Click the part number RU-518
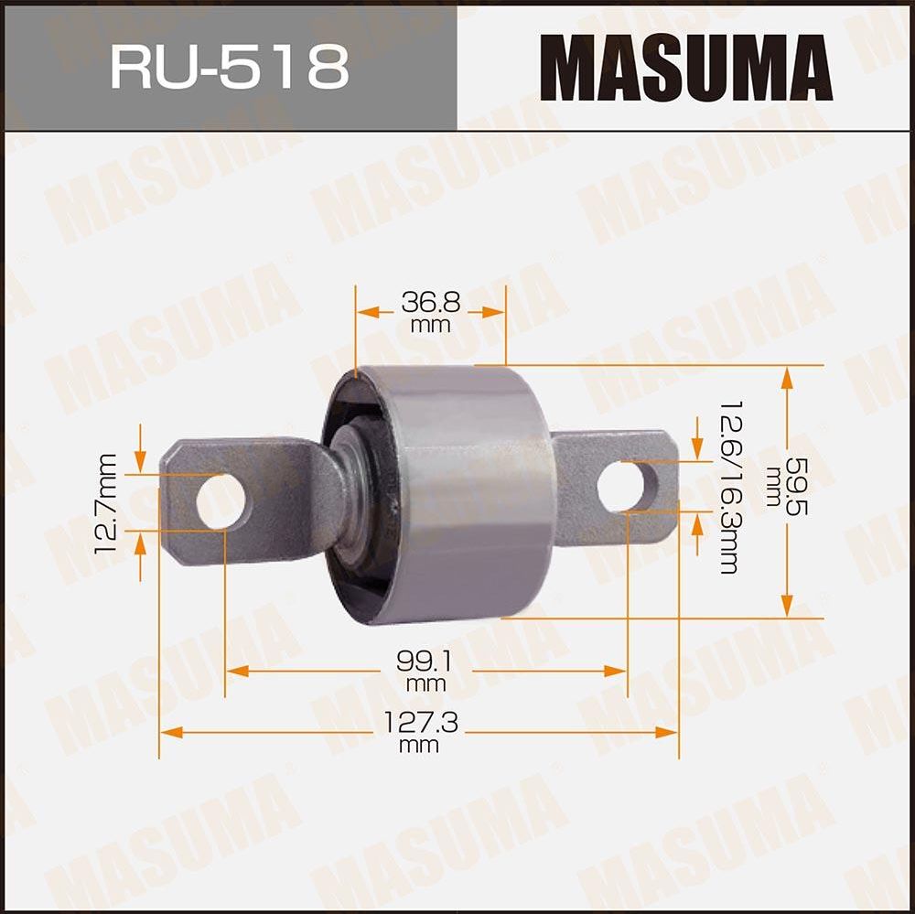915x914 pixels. pyautogui.click(x=229, y=66)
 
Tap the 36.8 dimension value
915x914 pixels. pyautogui.click(x=430, y=302)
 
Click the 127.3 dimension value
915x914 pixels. pyautogui.click(x=420, y=725)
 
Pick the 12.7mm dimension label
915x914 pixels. pyautogui.click(x=108, y=500)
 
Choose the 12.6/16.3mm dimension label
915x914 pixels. pyautogui.click(x=727, y=487)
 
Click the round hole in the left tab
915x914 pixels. pyautogui.click(x=221, y=500)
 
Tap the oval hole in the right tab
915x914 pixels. pyautogui.click(x=628, y=488)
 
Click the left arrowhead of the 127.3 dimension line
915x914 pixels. pyautogui.click(x=167, y=732)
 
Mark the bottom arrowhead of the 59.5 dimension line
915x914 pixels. pyautogui.click(x=785, y=610)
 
